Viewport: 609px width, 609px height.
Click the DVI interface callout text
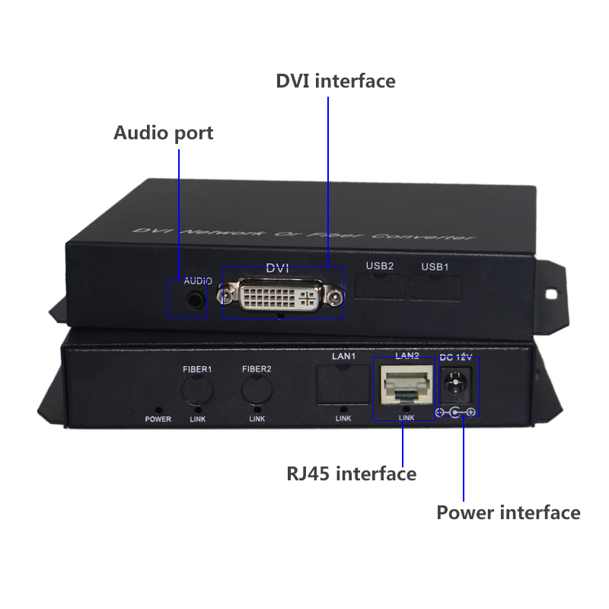click(336, 81)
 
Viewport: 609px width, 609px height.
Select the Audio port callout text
click(163, 133)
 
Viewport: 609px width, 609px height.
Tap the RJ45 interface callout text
click(351, 474)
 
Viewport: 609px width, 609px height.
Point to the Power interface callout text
click(508, 512)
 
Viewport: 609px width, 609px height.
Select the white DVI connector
click(279, 297)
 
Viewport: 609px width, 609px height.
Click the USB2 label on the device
click(379, 266)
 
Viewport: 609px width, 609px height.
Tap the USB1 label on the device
click(435, 266)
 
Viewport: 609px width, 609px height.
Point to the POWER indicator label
click(158, 419)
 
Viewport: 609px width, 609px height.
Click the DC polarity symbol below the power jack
click(455, 413)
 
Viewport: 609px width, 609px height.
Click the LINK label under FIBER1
click(197, 419)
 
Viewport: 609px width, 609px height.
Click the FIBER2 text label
click(257, 369)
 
